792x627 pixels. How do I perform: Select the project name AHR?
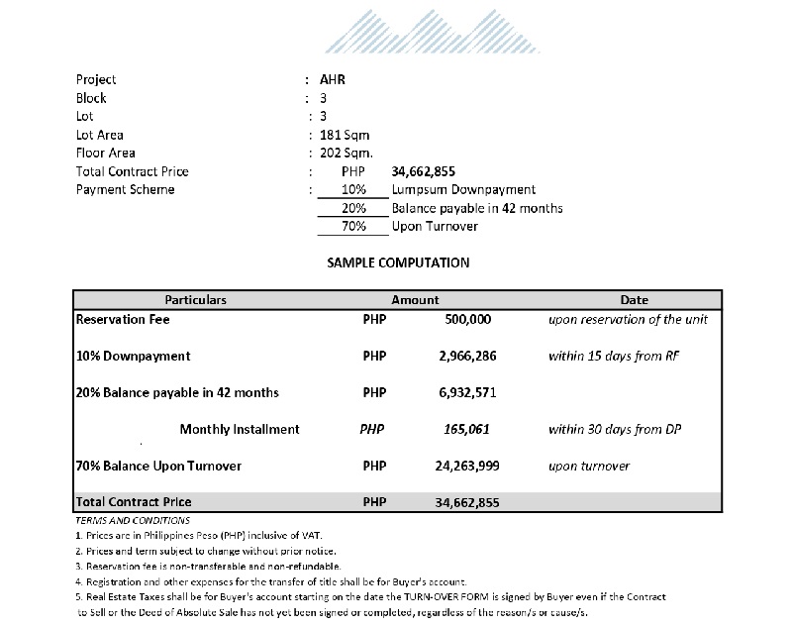(334, 79)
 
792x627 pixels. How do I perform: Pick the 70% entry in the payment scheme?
(353, 227)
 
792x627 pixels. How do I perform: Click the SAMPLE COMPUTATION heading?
(398, 263)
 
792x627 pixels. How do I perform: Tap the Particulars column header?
(195, 299)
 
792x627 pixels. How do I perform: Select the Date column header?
(634, 299)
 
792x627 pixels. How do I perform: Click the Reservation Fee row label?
(124, 320)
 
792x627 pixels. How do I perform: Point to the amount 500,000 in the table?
(468, 321)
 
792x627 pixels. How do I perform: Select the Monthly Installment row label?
(240, 430)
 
